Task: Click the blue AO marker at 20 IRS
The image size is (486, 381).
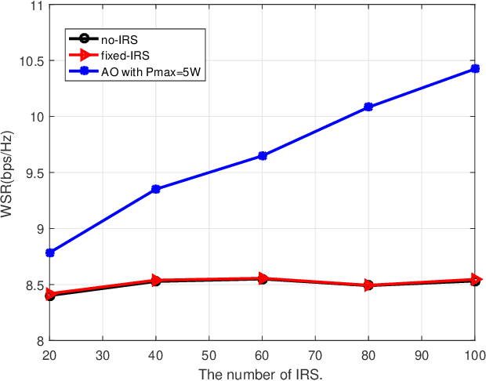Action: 50,252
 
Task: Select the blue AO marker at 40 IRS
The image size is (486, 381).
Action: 156,189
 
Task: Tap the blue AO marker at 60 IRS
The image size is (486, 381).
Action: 263,156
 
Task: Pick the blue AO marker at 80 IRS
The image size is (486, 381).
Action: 368,107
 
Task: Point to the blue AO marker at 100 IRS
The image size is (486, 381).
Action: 475,69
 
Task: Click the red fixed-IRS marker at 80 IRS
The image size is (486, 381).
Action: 368,285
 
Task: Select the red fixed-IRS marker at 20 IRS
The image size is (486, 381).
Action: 51,294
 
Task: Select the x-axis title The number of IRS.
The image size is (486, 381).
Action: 262,373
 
